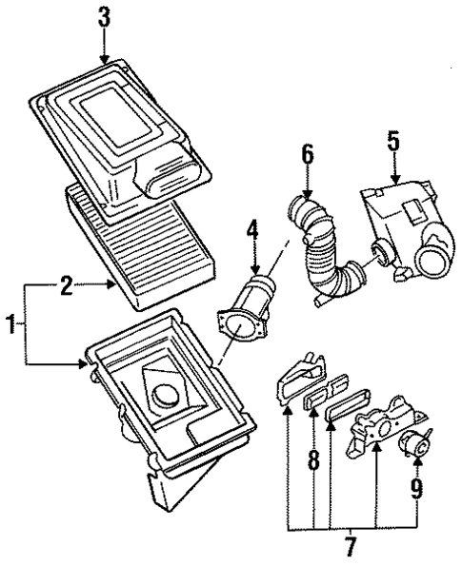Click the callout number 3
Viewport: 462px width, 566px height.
coord(103,17)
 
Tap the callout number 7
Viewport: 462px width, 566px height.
coord(350,548)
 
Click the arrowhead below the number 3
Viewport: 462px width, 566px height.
coord(103,59)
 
